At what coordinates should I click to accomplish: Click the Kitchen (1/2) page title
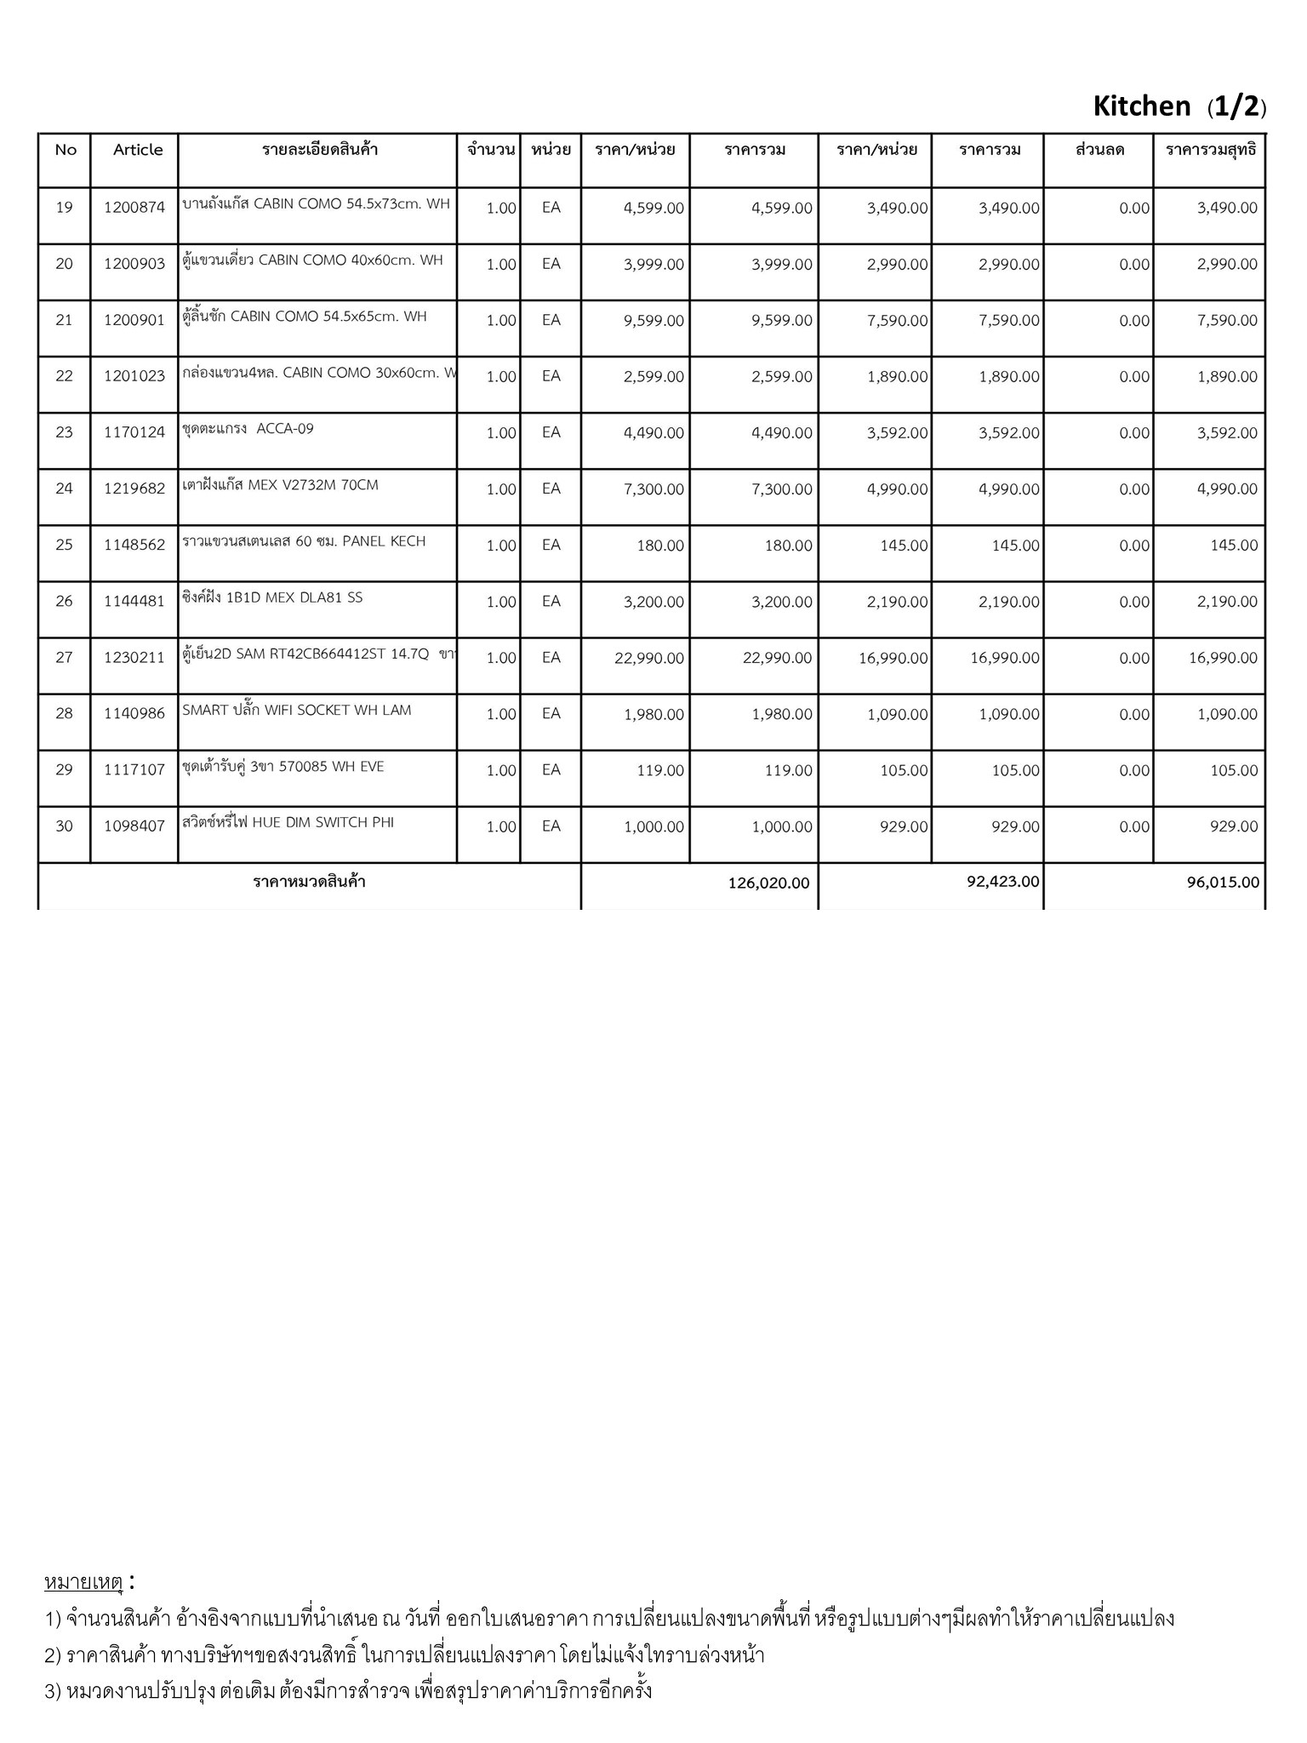pyautogui.click(x=1179, y=107)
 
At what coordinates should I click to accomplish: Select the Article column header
pyautogui.click(x=138, y=150)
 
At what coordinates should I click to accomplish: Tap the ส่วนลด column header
pyautogui.click(x=1099, y=150)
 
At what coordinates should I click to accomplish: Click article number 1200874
pyautogui.click(x=134, y=208)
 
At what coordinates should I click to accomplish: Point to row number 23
pyautogui.click(x=65, y=432)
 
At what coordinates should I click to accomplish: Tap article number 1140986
pyautogui.click(x=134, y=714)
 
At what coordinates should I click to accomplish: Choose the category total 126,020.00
pyautogui.click(x=768, y=883)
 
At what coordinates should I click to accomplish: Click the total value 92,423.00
pyautogui.click(x=1002, y=882)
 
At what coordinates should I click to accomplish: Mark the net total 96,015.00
pyautogui.click(x=1223, y=883)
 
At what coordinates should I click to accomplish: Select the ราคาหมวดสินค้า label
pyautogui.click(x=309, y=882)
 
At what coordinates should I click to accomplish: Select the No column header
pyautogui.click(x=66, y=150)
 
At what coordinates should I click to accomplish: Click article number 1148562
pyautogui.click(x=134, y=546)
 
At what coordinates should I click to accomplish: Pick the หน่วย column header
pyautogui.click(x=551, y=150)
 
